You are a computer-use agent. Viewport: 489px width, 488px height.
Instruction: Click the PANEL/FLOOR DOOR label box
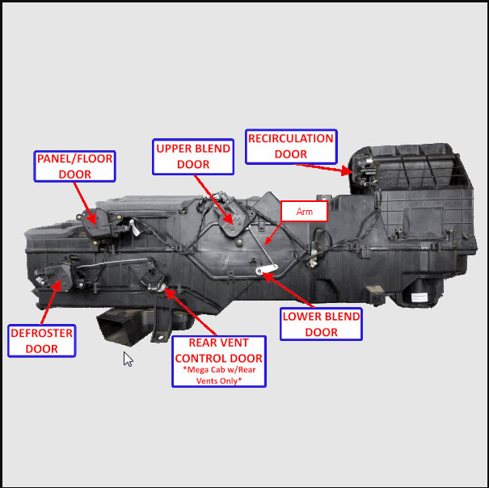tap(74, 166)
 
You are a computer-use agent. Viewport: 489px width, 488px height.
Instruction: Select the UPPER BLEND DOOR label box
tap(193, 157)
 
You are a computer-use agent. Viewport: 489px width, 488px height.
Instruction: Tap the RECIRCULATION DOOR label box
tap(291, 146)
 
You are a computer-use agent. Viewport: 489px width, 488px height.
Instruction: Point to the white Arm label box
tap(304, 212)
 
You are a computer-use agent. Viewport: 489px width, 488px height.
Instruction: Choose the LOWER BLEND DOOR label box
tap(322, 323)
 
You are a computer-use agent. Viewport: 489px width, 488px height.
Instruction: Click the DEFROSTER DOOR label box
tap(41, 341)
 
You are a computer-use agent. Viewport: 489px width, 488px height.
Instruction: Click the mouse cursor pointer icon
tap(128, 359)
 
